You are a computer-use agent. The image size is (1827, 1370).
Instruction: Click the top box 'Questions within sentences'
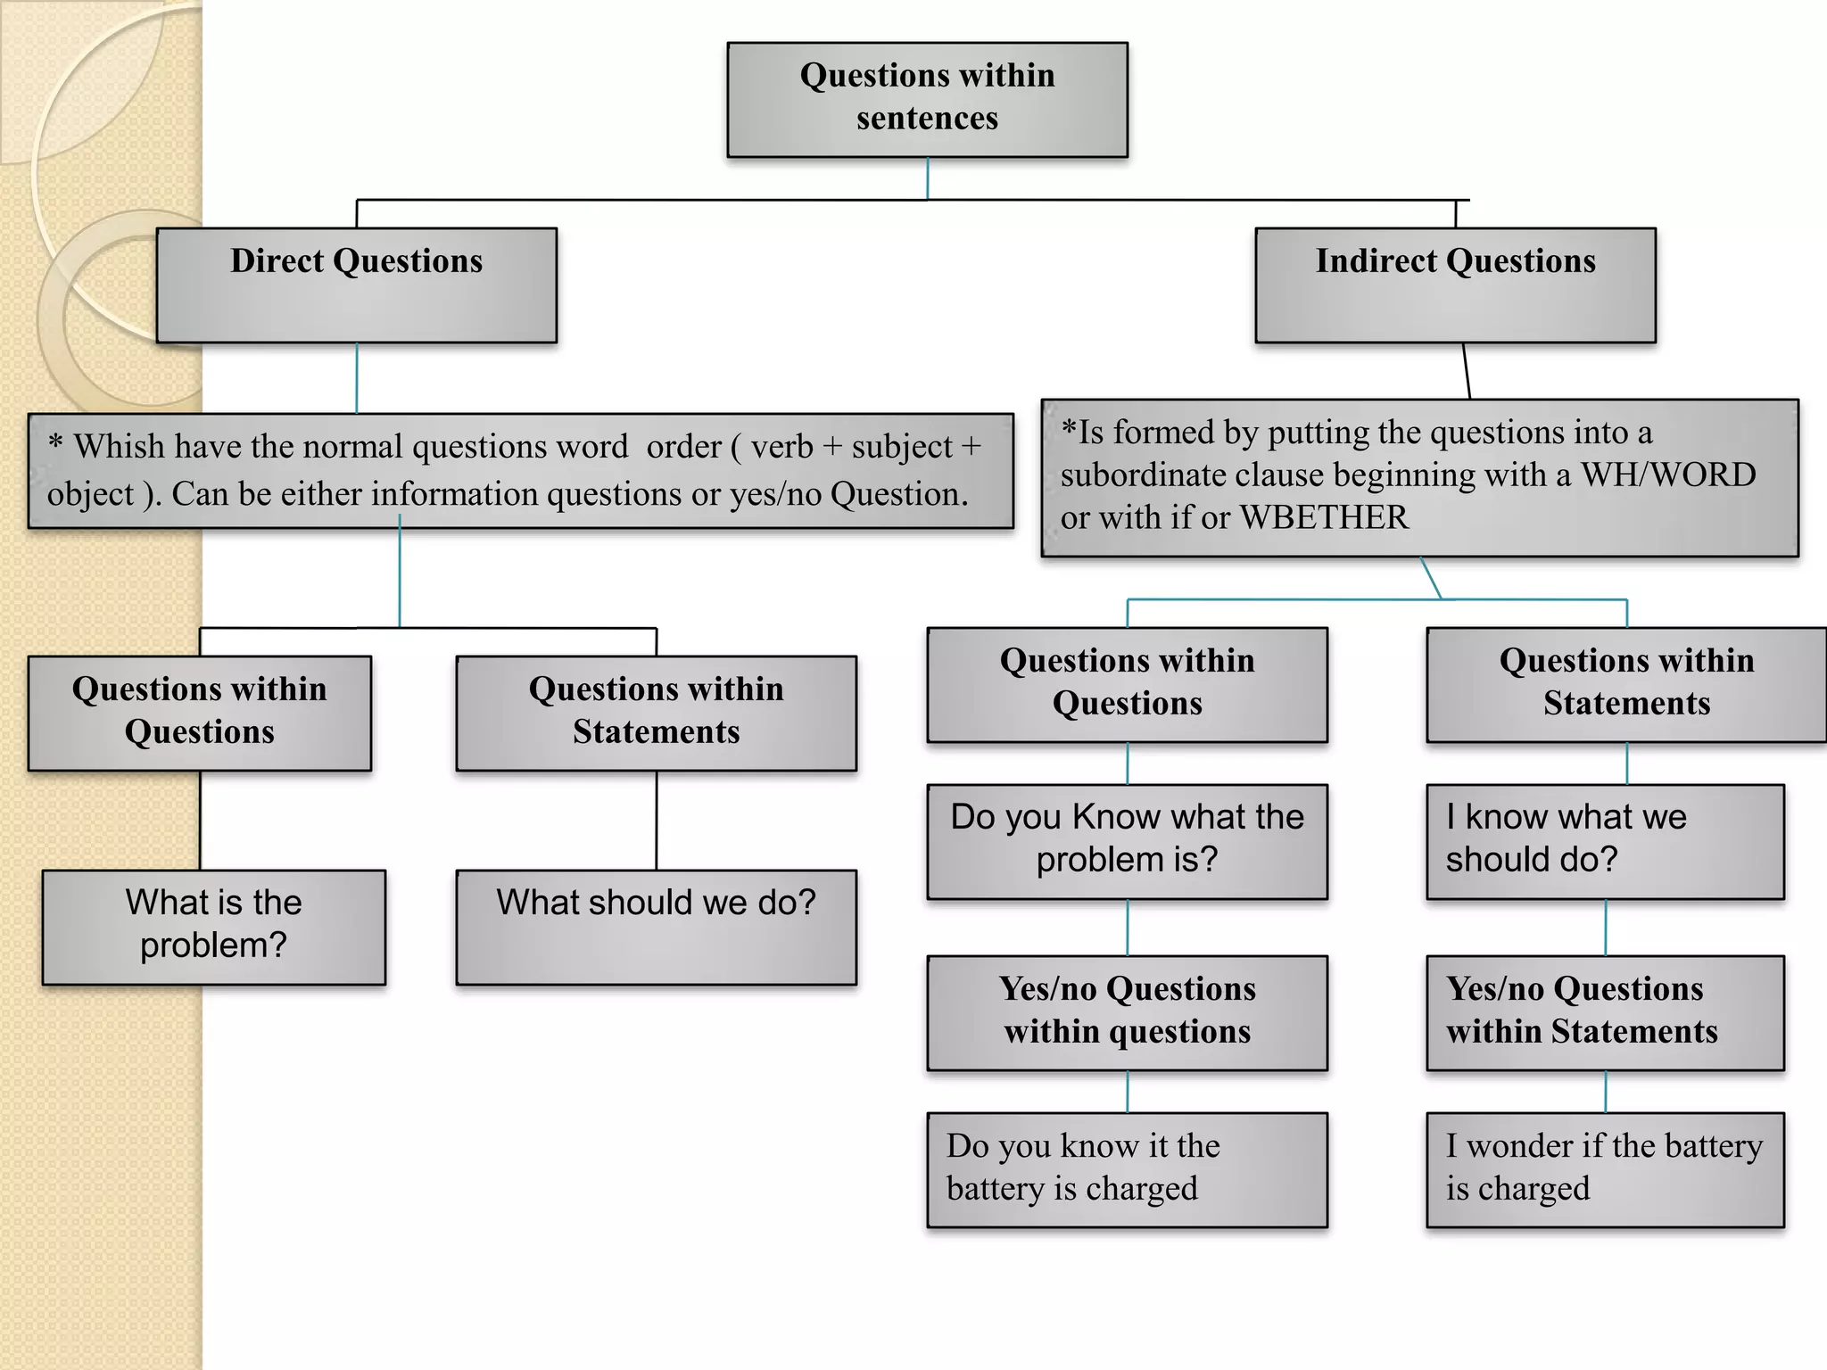pos(927,99)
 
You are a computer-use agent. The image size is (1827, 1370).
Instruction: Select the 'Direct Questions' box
pos(356,285)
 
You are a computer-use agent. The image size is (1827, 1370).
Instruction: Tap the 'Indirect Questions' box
pos(1455,285)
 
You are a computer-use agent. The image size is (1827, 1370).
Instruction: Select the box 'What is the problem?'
pos(214,927)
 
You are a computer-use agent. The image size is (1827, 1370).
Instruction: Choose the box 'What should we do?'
pos(656,927)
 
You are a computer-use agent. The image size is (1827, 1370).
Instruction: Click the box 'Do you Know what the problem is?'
pos(1127,841)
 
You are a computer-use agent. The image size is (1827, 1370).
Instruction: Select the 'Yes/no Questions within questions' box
pos(1127,1012)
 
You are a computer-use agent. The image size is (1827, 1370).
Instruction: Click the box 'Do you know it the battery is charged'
pos(1127,1168)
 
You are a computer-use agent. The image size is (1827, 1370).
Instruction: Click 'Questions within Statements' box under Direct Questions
pos(656,713)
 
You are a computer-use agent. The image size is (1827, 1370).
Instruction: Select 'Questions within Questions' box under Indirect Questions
pos(1127,684)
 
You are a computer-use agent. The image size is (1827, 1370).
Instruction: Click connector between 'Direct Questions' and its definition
pos(357,378)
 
